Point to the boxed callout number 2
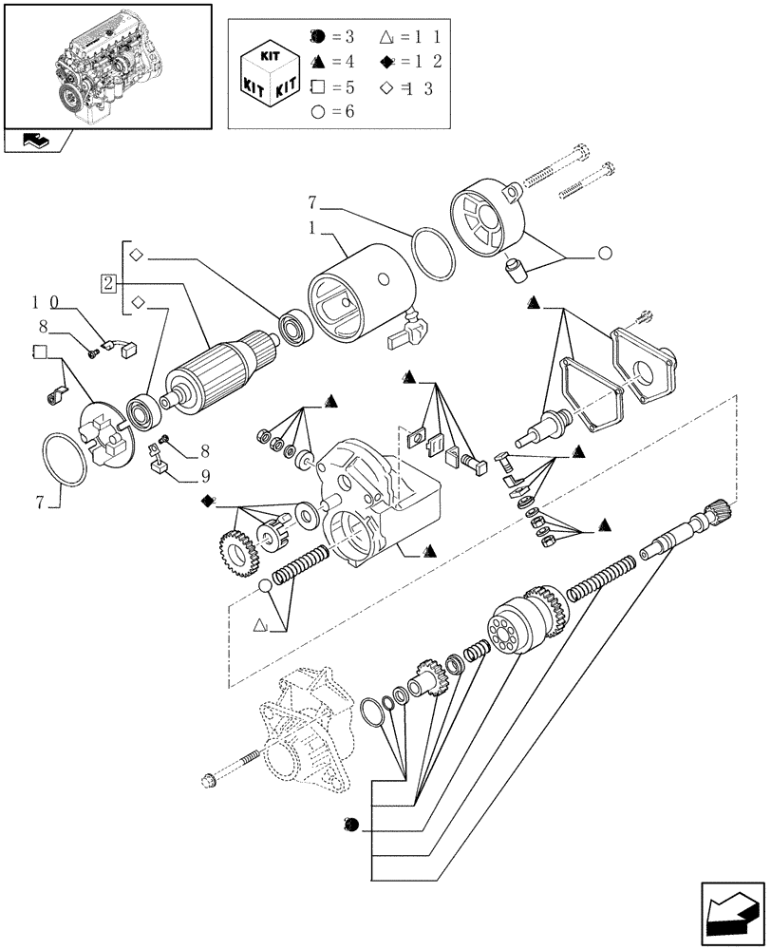click(x=109, y=283)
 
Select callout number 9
click(x=204, y=475)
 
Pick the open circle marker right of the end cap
click(x=604, y=254)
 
